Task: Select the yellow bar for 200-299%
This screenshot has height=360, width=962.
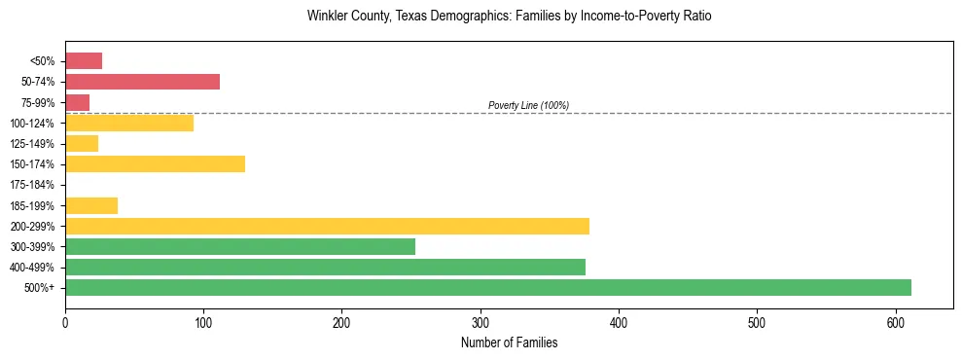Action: tap(327, 226)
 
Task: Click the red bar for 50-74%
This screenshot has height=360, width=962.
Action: tap(142, 82)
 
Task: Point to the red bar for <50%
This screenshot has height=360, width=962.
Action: tap(84, 61)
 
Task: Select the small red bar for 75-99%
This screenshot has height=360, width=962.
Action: tap(78, 102)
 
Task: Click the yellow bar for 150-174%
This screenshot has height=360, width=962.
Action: tap(155, 163)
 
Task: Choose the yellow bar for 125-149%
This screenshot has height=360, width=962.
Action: tap(82, 143)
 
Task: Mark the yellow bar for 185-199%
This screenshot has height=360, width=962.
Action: tap(91, 205)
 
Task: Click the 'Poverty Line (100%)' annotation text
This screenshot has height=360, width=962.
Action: tap(528, 105)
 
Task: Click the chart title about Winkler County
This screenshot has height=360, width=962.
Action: tap(509, 17)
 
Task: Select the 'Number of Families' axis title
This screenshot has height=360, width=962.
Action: tap(509, 342)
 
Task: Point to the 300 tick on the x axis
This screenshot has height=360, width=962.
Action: tap(481, 322)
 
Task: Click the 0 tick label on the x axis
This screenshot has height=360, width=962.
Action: tap(65, 322)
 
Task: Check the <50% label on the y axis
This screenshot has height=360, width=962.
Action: tap(43, 61)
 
